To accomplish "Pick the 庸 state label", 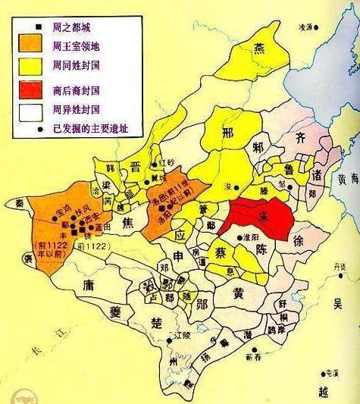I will pyautogui.click(x=87, y=286).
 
